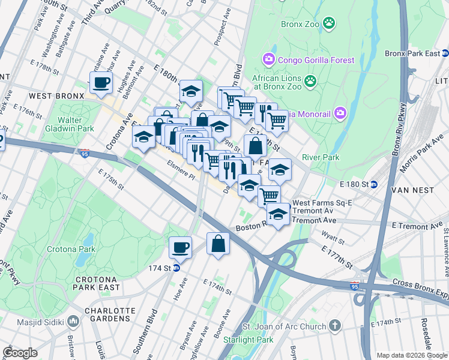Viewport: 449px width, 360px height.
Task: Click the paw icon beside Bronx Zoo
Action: coord(329,24)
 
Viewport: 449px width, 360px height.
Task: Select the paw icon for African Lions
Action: coord(310,80)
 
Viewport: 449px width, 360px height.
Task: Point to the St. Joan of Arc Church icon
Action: coord(334,326)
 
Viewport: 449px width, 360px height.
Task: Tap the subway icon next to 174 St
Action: coord(176,268)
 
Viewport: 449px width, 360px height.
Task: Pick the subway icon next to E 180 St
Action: coord(373,183)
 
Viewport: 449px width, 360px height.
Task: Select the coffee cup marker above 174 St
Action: coord(180,247)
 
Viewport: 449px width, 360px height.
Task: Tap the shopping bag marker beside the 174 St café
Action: coord(218,244)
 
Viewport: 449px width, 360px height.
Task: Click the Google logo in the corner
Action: coord(20,352)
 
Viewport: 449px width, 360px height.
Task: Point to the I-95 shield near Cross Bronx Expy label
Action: coord(355,287)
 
